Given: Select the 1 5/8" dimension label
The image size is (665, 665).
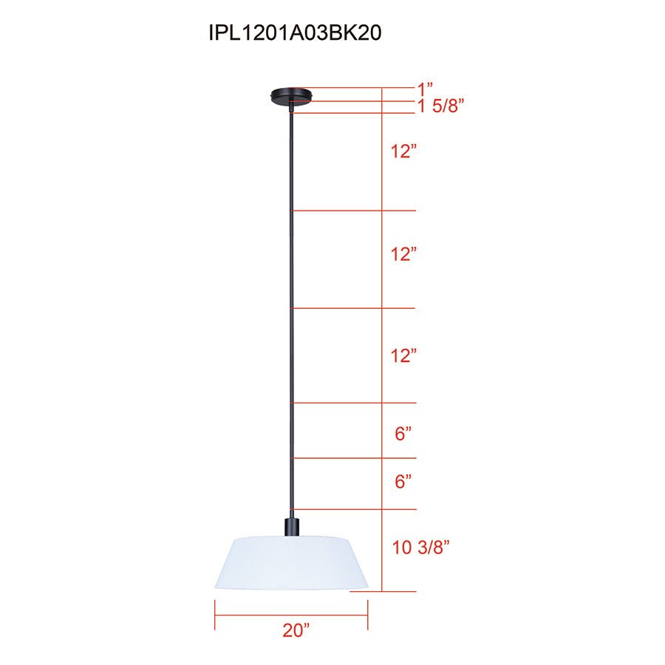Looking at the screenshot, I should point(440,106).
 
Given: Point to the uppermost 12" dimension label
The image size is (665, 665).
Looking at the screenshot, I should point(404,152).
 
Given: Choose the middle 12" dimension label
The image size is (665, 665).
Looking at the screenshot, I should point(404,254).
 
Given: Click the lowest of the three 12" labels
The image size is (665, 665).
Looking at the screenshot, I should point(404,355).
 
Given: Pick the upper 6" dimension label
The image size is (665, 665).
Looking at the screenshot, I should point(403,434).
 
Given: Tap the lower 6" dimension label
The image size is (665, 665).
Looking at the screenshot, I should point(403,482).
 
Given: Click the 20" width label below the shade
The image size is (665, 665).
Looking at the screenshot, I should point(296,630).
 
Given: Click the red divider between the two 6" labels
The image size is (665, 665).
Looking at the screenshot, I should point(355,457).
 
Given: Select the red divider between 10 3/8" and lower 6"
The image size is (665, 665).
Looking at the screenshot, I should point(355,509).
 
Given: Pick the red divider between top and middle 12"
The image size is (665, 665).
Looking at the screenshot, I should point(355,211).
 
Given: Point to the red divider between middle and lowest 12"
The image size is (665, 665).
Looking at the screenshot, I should point(355,308).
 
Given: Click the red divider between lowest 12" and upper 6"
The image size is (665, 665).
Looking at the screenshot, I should point(355,403).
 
